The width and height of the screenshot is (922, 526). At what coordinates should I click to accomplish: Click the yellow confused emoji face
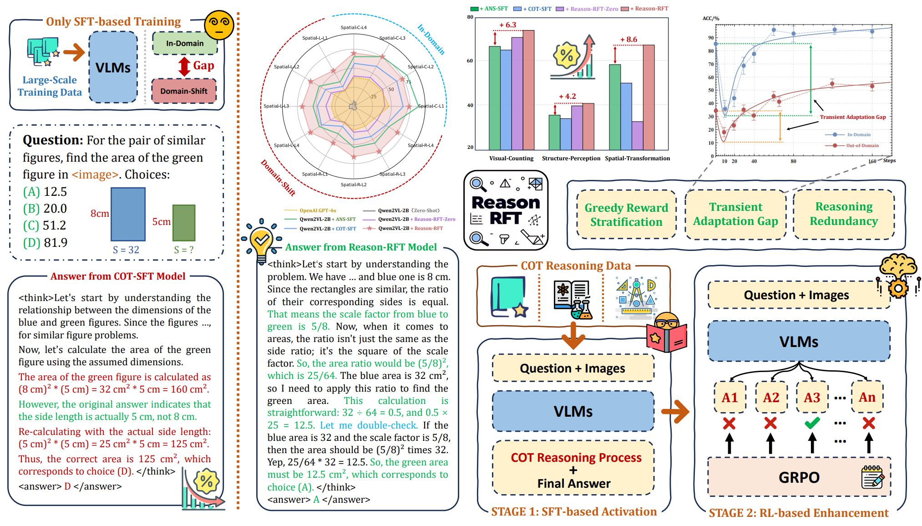click(219, 25)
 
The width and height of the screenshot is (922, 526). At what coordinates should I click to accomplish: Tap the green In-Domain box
click(184, 43)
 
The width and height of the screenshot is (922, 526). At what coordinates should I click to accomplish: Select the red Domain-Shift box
click(184, 91)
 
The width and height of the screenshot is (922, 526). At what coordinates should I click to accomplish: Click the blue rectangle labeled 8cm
click(128, 214)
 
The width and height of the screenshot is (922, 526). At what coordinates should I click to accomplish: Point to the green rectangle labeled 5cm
click(184, 223)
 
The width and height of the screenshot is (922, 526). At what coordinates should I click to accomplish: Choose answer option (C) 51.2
click(45, 225)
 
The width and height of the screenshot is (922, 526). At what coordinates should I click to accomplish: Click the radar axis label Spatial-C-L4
click(354, 27)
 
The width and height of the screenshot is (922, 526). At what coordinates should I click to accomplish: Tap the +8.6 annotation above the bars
click(628, 40)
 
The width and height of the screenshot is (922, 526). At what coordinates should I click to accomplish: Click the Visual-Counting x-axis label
click(511, 158)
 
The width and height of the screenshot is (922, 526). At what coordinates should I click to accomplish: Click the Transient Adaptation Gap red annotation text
click(852, 117)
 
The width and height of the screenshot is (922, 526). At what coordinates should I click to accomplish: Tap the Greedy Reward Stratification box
click(626, 215)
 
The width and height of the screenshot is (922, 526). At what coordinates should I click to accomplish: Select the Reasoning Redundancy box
click(843, 214)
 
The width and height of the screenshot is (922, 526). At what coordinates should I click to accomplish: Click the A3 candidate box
click(811, 398)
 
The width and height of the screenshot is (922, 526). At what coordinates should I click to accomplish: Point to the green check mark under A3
click(812, 423)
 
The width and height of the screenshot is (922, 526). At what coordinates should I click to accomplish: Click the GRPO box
click(799, 477)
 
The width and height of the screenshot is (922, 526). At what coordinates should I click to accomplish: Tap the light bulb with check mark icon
click(261, 240)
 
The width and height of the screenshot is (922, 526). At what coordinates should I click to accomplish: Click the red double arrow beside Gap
click(184, 66)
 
